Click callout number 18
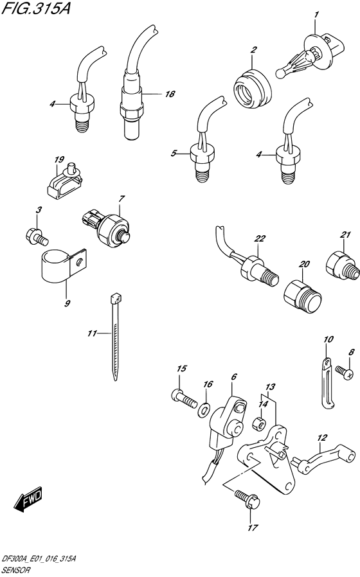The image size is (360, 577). click(x=170, y=94)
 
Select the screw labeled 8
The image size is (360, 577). click(x=343, y=369)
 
